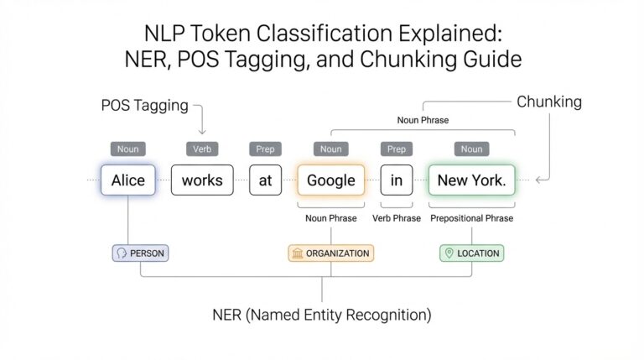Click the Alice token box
[127, 180]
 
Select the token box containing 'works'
[201, 180]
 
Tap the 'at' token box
[265, 180]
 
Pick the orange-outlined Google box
[330, 180]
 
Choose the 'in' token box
[397, 180]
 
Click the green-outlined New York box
[471, 180]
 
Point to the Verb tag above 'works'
[201, 149]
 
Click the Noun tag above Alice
[127, 149]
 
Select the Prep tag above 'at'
[265, 149]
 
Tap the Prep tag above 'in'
[397, 149]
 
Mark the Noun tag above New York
[471, 149]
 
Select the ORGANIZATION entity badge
[330, 253]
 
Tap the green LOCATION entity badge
[471, 253]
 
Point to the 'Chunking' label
[548, 102]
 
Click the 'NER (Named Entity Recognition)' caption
[322, 316]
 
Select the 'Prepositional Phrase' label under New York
[471, 218]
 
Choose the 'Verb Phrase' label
[397, 218]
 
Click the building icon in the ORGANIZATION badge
[297, 253]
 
